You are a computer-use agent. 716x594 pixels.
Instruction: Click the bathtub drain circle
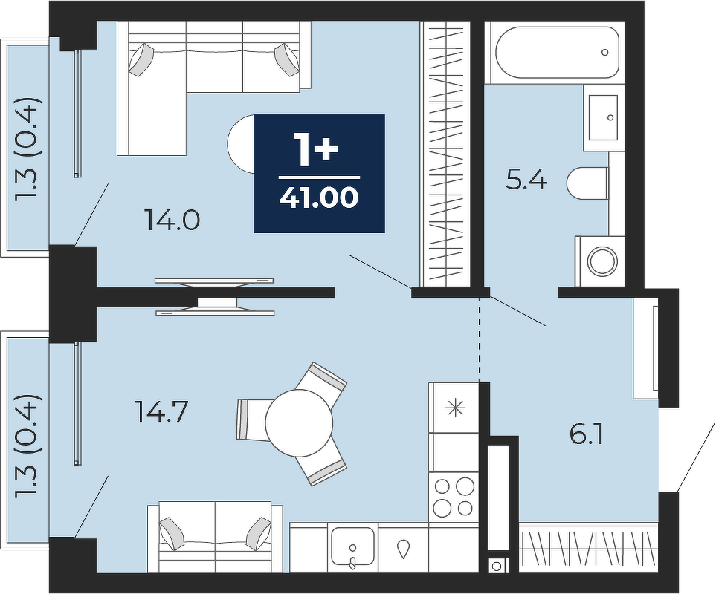[605, 53]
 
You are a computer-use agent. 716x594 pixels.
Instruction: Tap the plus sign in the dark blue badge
[327, 151]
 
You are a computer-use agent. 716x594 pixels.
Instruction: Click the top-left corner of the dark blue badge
[254, 114]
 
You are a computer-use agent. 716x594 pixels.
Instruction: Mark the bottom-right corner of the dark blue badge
[385, 232]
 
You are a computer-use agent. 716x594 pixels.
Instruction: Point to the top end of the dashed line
[479, 297]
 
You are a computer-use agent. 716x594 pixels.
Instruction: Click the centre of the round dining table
[299, 422]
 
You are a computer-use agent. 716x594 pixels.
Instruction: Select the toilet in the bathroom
[587, 183]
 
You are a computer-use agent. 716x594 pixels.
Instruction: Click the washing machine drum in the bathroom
[602, 261]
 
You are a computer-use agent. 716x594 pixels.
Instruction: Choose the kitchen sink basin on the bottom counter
[353, 546]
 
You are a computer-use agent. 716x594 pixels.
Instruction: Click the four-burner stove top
[454, 497]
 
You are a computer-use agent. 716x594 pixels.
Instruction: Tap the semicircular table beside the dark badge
[241, 143]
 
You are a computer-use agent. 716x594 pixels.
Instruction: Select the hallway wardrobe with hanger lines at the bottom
[589, 546]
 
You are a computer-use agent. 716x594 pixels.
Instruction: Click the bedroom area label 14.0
[172, 219]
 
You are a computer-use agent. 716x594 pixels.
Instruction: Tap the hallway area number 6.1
[587, 434]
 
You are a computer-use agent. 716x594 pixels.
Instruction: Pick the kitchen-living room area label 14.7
[161, 411]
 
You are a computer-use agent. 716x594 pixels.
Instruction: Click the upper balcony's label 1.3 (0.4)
[28, 148]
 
